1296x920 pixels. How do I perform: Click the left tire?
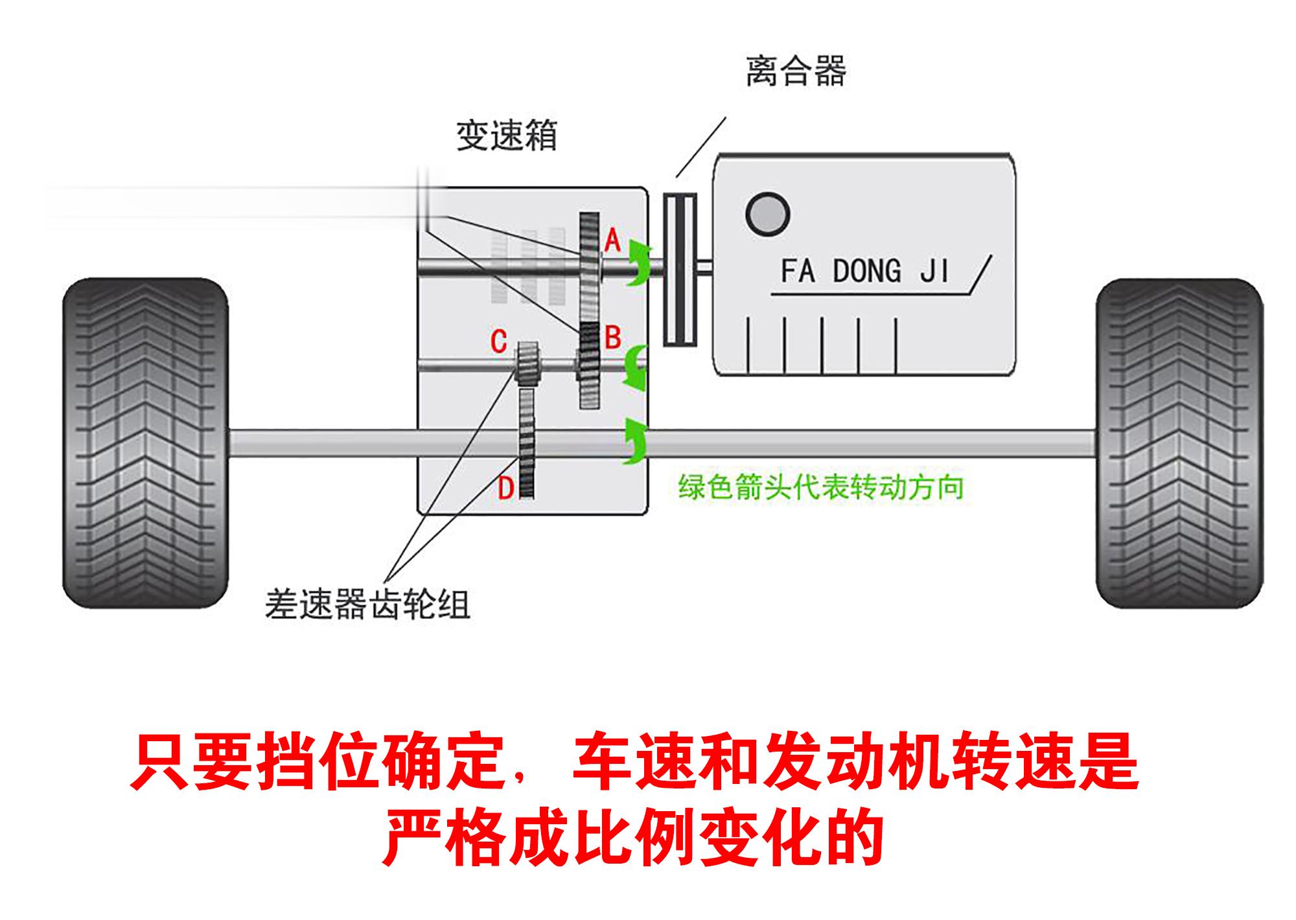pyautogui.click(x=145, y=443)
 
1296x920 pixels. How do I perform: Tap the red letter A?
pyautogui.click(x=612, y=241)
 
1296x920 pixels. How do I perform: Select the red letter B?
pyautogui.click(x=612, y=338)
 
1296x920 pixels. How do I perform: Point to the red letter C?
pyautogui.click(x=498, y=341)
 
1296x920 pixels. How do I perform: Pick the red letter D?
pyautogui.click(x=505, y=489)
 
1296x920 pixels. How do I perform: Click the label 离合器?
pyautogui.click(x=796, y=71)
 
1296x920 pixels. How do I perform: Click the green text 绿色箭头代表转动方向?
pyautogui.click(x=821, y=487)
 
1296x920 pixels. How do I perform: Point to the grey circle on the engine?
pyautogui.click(x=767, y=214)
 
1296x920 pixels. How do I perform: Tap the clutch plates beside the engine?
pyautogui.click(x=680, y=270)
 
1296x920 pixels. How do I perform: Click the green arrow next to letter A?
pyautogui.click(x=638, y=262)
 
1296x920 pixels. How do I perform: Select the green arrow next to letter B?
pyautogui.click(x=635, y=367)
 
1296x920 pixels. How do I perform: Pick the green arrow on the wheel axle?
pyautogui.click(x=634, y=441)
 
